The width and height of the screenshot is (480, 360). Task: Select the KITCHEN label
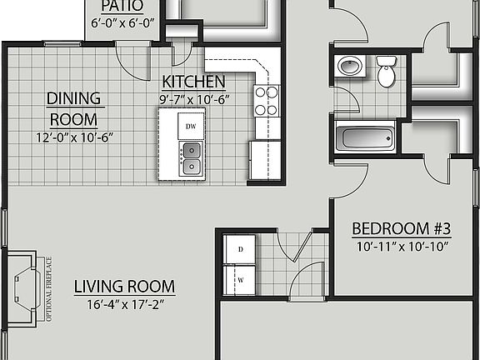click(193, 82)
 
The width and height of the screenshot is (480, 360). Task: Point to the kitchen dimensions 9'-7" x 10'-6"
click(194, 98)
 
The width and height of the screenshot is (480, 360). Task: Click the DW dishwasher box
click(191, 126)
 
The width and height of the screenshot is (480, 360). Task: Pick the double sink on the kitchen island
click(191, 157)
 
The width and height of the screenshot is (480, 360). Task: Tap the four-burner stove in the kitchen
click(267, 101)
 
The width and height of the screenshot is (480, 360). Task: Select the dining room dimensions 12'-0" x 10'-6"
click(74, 137)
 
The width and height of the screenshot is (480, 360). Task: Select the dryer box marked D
click(240, 248)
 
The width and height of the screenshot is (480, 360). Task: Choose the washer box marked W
click(240, 279)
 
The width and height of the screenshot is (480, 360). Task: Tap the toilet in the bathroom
click(386, 71)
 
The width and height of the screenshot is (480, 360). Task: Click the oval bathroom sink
click(347, 66)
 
